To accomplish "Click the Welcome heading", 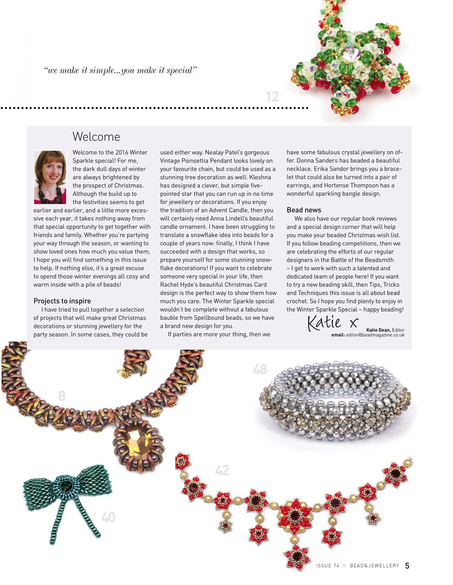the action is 96,137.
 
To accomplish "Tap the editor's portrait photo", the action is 50,177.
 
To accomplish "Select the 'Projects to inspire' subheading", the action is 62,301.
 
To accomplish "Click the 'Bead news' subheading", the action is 304,210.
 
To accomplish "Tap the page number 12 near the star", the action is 272,96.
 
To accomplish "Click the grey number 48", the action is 260,369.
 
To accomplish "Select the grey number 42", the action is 222,470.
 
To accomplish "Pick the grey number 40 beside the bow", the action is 108,517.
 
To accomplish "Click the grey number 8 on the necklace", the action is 62,396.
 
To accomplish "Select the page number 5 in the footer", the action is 407,566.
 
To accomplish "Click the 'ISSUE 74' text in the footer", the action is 327,566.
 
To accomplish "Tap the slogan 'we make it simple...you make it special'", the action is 121,70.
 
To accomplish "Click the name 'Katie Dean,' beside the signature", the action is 378,330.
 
